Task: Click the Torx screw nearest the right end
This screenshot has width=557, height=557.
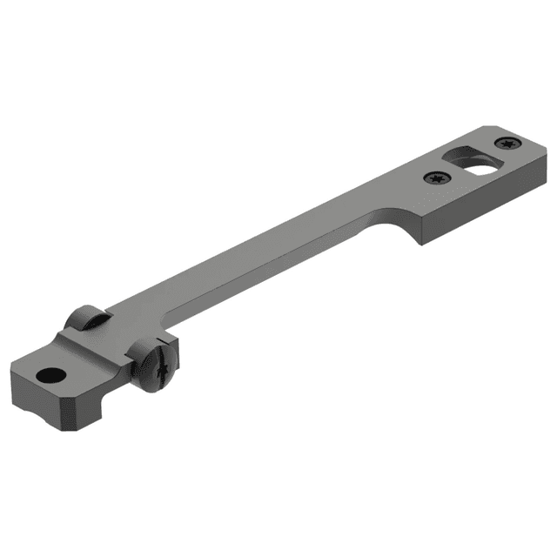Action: coord(507,143)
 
